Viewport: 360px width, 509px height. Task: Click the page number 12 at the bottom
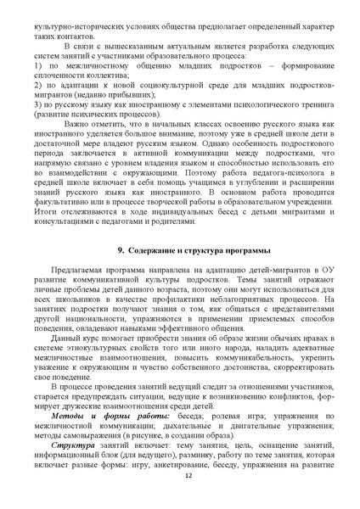click(x=179, y=478)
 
